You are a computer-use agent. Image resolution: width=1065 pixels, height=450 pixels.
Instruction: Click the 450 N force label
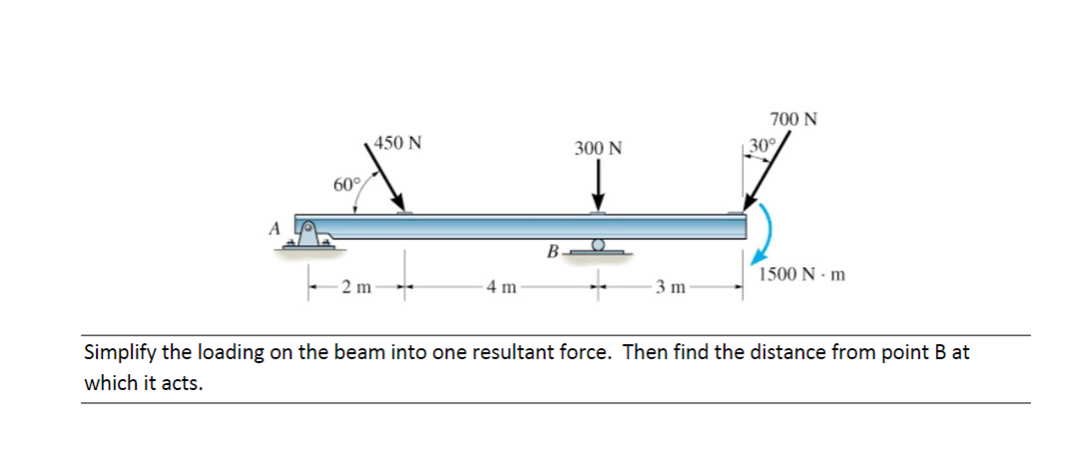(x=397, y=142)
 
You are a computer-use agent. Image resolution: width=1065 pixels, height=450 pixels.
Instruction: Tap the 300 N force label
(x=598, y=149)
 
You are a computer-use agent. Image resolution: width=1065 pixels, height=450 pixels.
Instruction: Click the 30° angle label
(x=762, y=145)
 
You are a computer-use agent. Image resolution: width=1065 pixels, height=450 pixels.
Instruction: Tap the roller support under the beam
(x=598, y=245)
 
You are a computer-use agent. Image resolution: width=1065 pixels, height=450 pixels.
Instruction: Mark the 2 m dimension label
(x=355, y=289)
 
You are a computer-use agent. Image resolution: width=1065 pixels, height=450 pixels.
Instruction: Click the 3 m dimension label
(x=670, y=289)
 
